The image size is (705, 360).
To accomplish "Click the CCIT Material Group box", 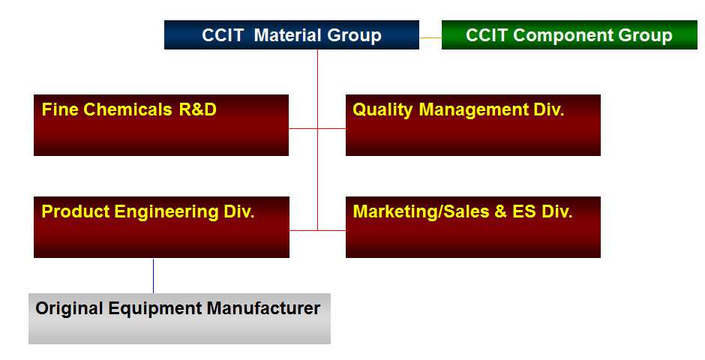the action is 291,34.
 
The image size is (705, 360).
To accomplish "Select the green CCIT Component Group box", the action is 569,34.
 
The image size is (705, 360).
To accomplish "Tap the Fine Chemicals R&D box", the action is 161,125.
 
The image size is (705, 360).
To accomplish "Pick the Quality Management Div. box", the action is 473,125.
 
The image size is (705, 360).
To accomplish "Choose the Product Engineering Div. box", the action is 161,227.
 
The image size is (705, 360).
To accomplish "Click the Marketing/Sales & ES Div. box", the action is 473,227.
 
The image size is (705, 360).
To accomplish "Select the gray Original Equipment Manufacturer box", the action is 179,319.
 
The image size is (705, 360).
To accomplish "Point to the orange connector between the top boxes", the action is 430,37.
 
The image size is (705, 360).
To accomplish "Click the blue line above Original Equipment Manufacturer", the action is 153,276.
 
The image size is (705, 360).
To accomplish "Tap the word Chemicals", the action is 127,109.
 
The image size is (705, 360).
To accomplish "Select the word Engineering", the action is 166,212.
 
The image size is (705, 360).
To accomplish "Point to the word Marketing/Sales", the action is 421,212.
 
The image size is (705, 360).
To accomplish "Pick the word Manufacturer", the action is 263,308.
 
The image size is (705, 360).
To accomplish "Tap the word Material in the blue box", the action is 288,35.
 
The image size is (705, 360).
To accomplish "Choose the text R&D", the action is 197,109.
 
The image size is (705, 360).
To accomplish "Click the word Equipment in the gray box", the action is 155,309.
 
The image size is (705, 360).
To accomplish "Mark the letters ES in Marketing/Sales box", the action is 523,211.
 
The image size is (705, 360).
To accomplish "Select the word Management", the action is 474,110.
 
